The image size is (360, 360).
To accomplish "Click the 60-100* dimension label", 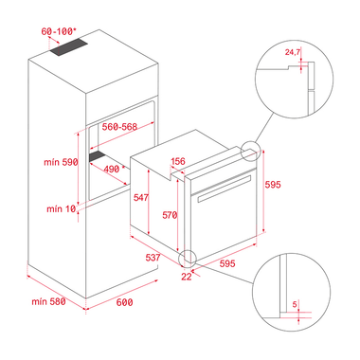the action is pyautogui.click(x=59, y=31).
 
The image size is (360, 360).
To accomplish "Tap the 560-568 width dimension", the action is pyautogui.click(x=119, y=127).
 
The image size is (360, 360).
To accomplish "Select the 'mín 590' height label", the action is pyautogui.click(x=61, y=162).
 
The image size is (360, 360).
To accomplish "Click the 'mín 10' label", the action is pyautogui.click(x=62, y=208).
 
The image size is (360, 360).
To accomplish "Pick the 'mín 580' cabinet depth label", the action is pyautogui.click(x=48, y=301).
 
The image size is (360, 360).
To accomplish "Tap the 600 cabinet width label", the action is pyautogui.click(x=124, y=302).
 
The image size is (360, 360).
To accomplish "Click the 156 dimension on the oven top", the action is pyautogui.click(x=178, y=161).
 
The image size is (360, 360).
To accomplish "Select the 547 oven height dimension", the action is pyautogui.click(x=140, y=197).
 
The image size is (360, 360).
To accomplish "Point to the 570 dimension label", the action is pyautogui.click(x=170, y=215).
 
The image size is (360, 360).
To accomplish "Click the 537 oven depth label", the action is pyautogui.click(x=153, y=258).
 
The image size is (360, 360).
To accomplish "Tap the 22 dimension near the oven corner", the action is pyautogui.click(x=187, y=277).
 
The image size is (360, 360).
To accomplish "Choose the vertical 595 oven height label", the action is pyautogui.click(x=273, y=184).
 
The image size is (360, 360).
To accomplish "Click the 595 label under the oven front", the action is pyautogui.click(x=227, y=263).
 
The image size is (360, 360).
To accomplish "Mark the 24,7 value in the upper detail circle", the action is pyautogui.click(x=293, y=52).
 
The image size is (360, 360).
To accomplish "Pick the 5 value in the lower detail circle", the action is pyautogui.click(x=295, y=304).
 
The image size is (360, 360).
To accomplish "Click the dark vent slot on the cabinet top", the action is pyautogui.click(x=68, y=47).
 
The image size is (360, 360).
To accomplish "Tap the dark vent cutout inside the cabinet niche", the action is pyautogui.click(x=98, y=156).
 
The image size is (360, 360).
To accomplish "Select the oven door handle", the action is pyautogui.click(x=225, y=189).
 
